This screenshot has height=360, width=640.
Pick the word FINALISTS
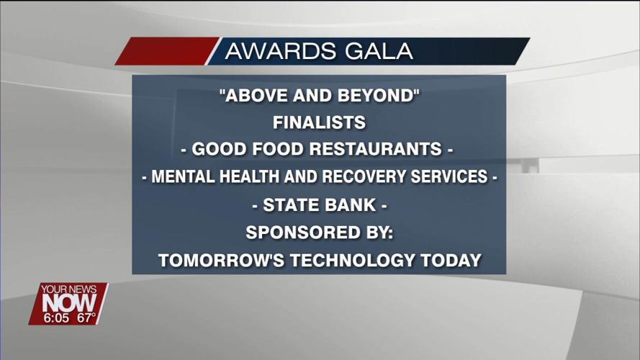319,123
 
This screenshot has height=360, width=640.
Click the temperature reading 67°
86,318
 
